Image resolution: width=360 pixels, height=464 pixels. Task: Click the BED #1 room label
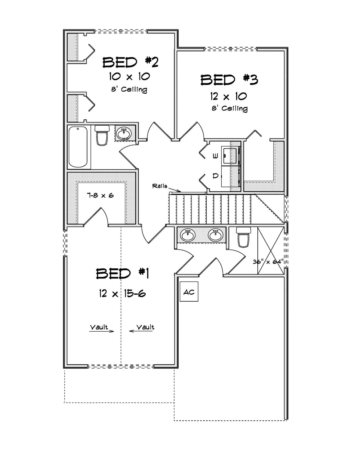122,273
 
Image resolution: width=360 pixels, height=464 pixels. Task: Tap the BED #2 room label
130,62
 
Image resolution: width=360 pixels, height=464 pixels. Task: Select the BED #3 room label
229,80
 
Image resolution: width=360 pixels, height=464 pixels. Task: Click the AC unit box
189,292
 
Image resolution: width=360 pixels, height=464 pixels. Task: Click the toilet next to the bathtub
102,135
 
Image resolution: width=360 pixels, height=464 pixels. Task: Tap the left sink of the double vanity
188,235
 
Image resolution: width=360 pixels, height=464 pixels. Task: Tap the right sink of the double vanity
216,235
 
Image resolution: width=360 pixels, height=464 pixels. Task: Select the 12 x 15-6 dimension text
122,294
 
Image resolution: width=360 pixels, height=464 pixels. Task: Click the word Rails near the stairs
159,186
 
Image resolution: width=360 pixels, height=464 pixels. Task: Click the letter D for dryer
215,176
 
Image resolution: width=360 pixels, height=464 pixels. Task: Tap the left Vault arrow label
99,327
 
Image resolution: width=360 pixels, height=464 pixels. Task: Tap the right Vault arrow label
145,327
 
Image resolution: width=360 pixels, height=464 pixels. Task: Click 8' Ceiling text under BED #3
229,108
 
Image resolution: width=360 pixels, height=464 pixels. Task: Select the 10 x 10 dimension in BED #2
130,76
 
